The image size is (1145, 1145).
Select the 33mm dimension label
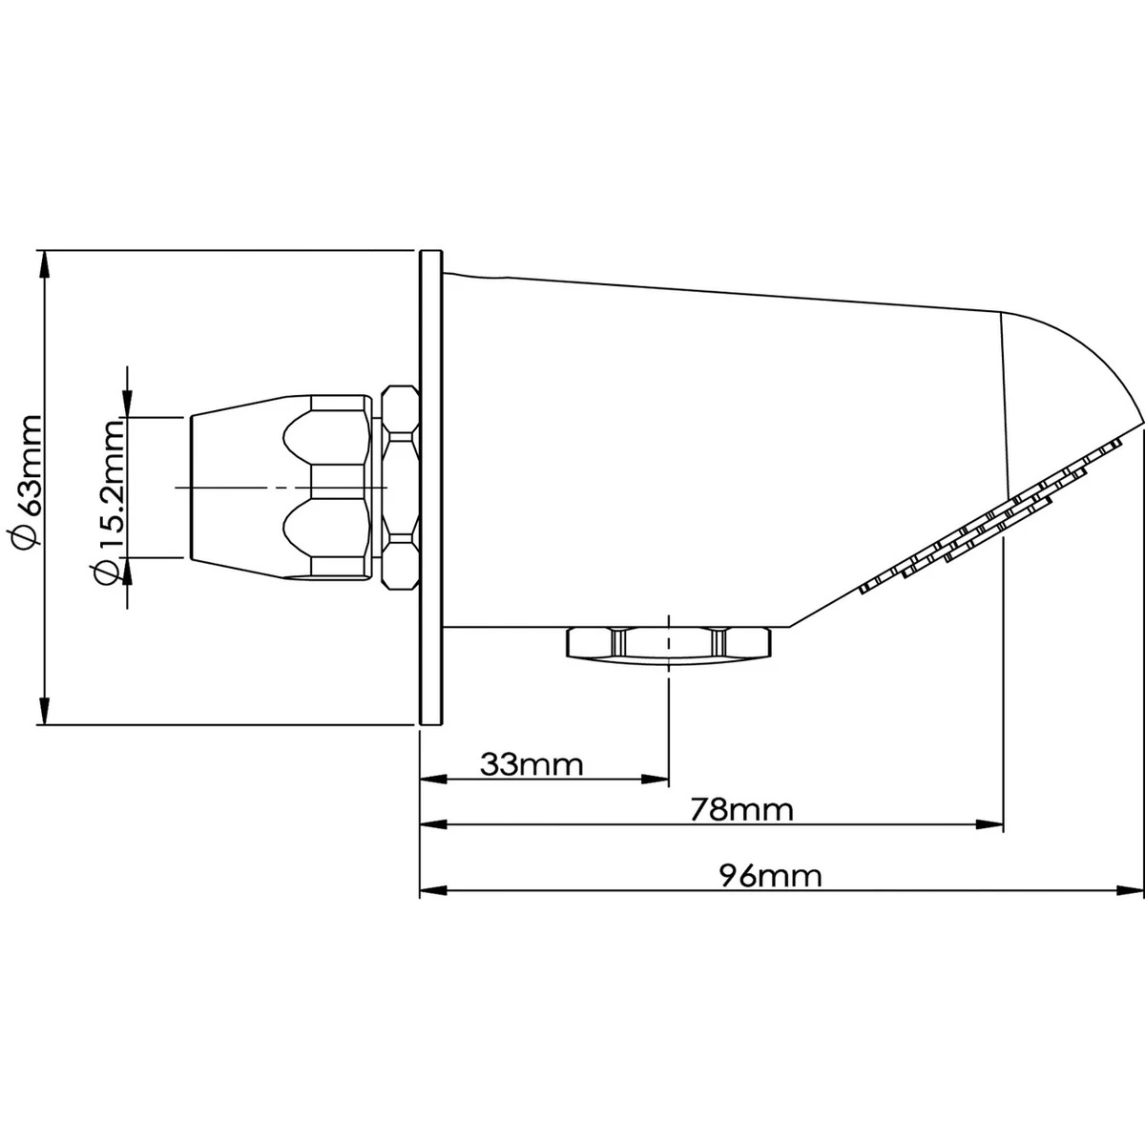coord(531,764)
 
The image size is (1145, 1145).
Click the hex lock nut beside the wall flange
coord(400,487)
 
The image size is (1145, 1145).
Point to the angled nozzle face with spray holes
coord(992,520)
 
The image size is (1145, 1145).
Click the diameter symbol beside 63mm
coord(27,537)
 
